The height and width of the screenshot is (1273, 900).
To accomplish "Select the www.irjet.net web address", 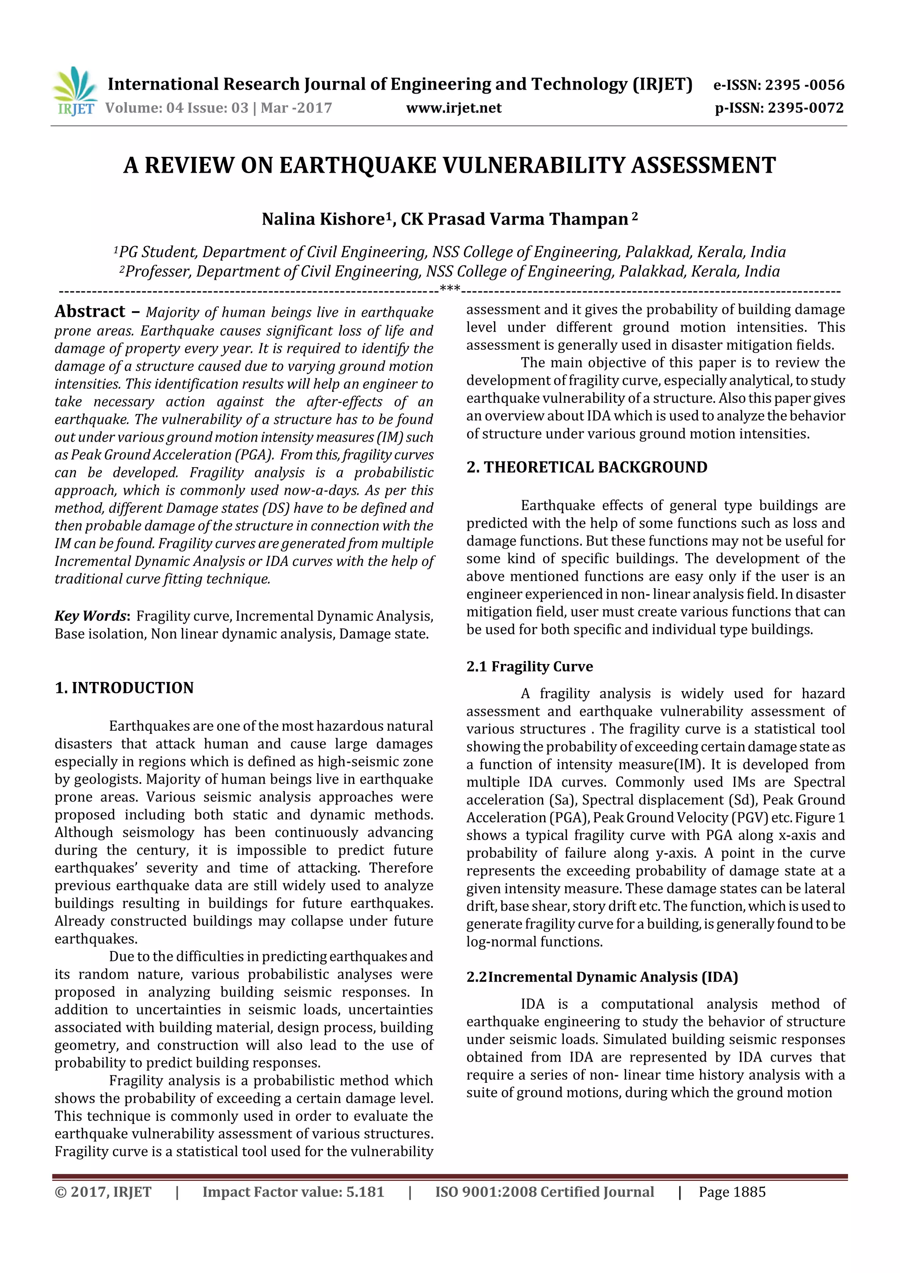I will pos(453,108).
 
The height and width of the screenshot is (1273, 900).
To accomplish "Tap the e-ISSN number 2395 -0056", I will pos(804,85).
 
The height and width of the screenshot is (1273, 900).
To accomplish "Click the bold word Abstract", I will pos(90,312).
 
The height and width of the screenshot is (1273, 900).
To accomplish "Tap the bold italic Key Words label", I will pos(91,616).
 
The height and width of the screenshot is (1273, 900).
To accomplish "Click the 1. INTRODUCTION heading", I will pos(124,688).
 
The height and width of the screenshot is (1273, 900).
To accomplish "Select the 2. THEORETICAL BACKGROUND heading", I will pos(587,468).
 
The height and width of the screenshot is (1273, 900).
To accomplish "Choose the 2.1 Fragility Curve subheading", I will pos(530,667).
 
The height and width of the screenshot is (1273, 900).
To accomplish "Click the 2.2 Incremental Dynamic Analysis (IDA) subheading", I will pos(602,977).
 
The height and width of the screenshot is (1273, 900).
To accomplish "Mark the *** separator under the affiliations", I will pos(449,288).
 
